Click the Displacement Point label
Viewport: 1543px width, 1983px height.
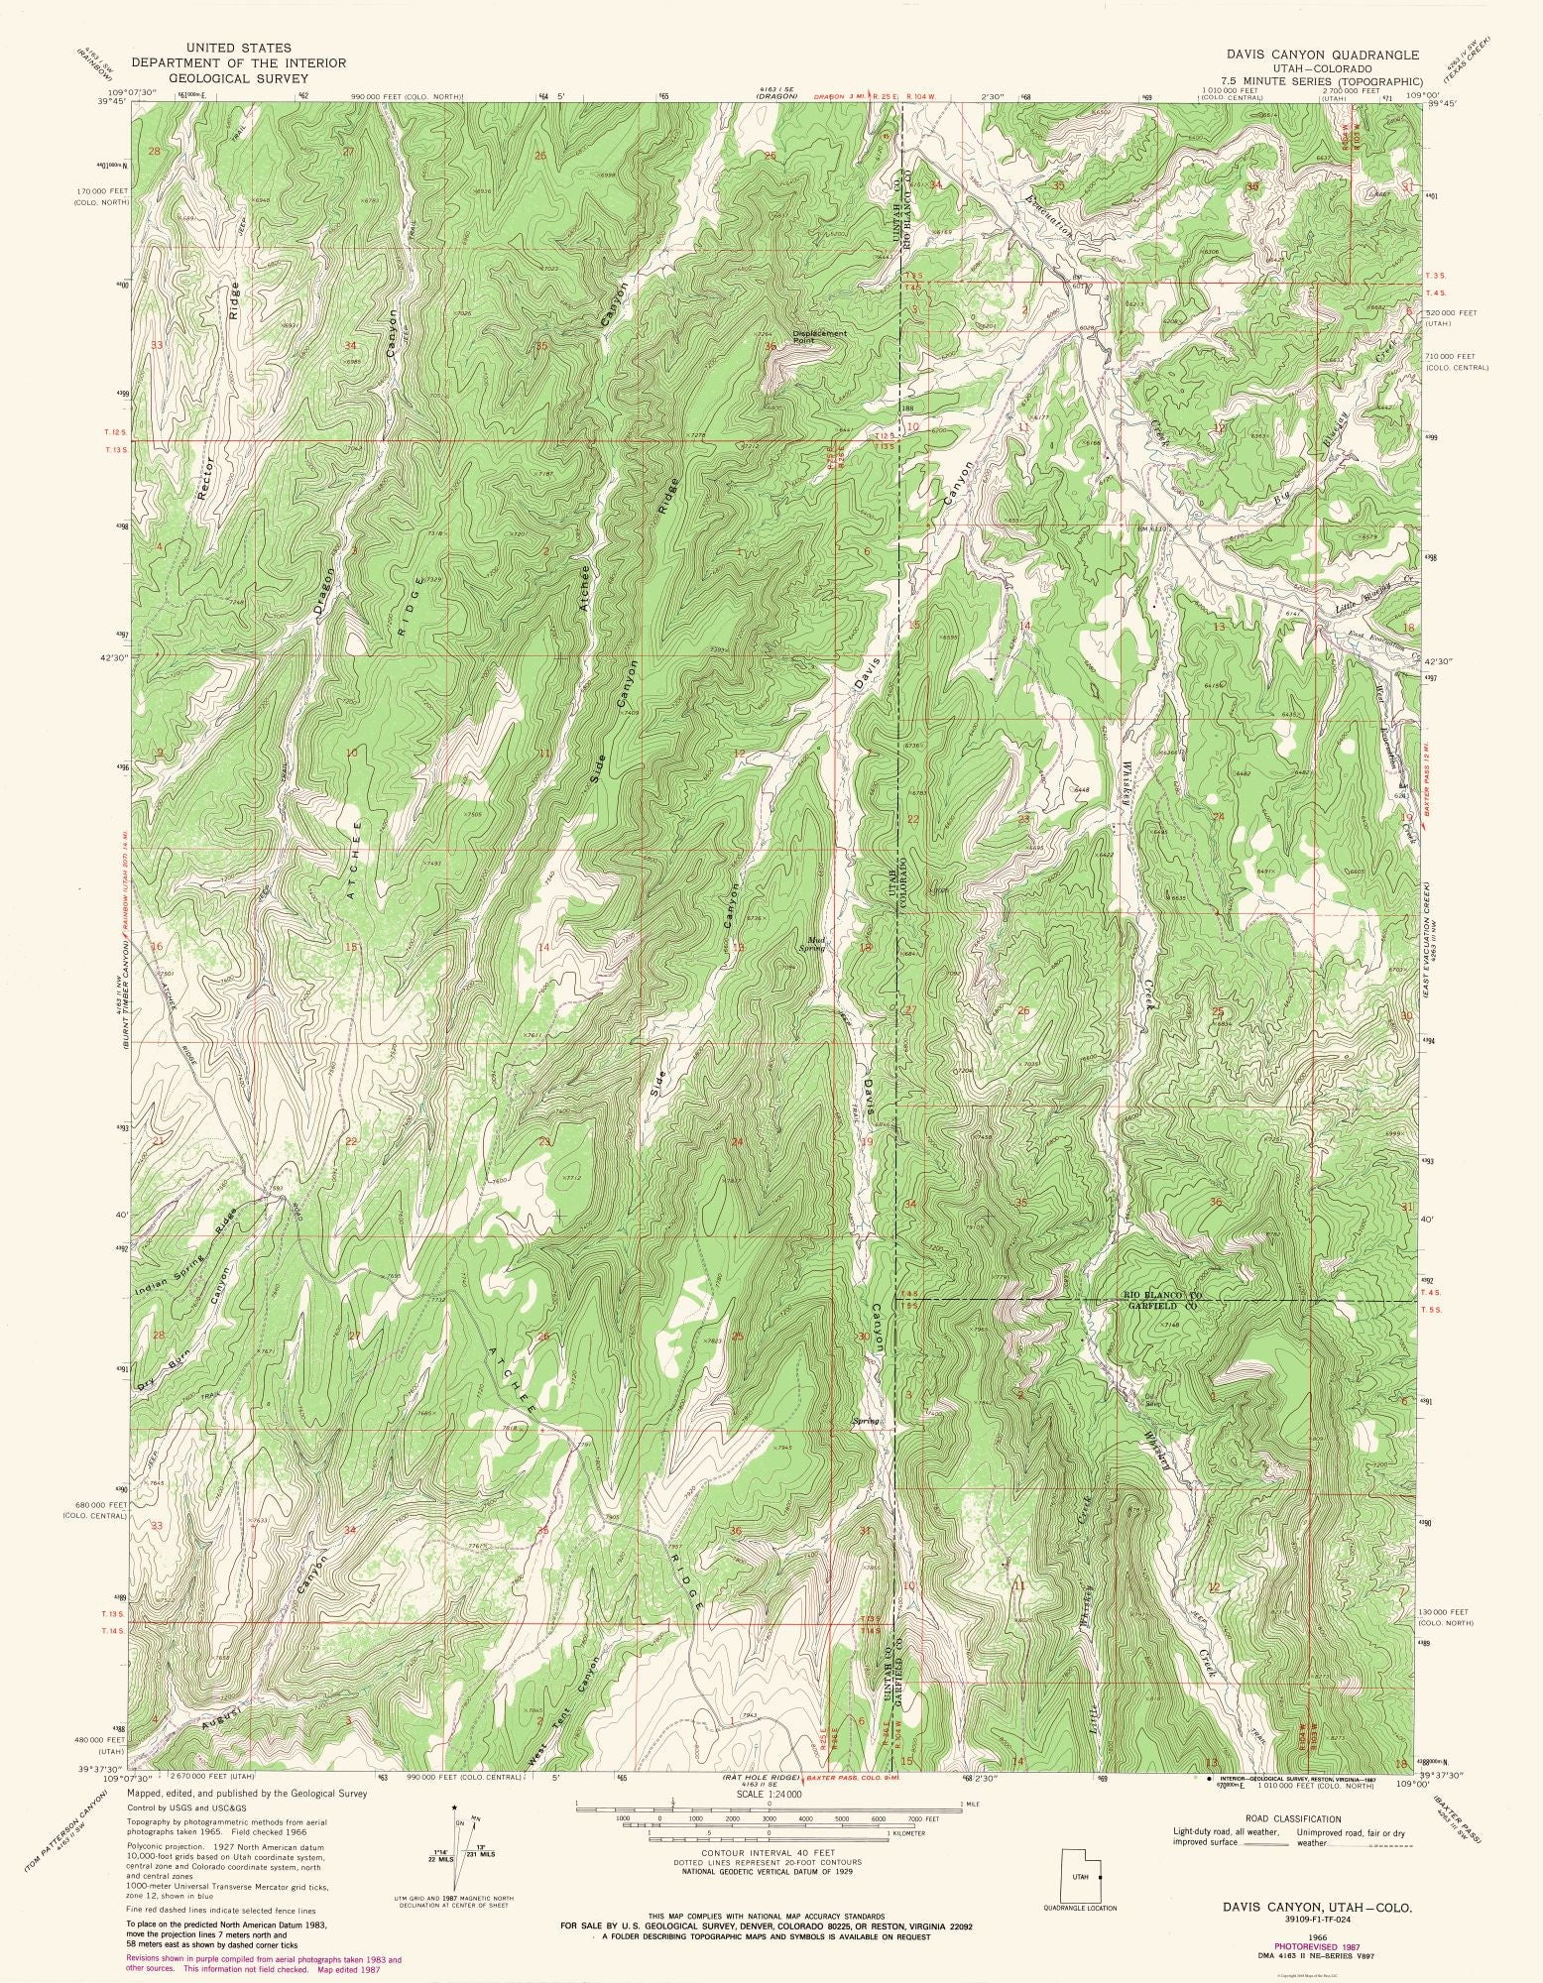pyautogui.click(x=818, y=336)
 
